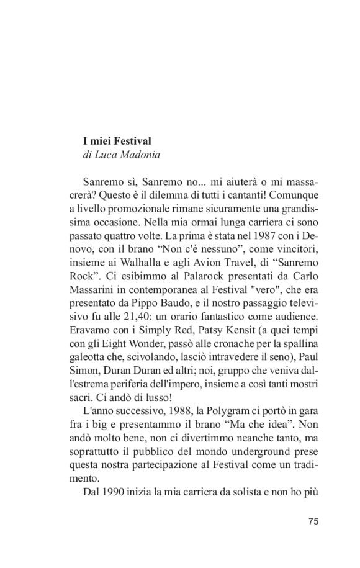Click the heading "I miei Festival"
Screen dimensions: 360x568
click(x=117, y=141)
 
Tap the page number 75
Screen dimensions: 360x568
click(x=313, y=521)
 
